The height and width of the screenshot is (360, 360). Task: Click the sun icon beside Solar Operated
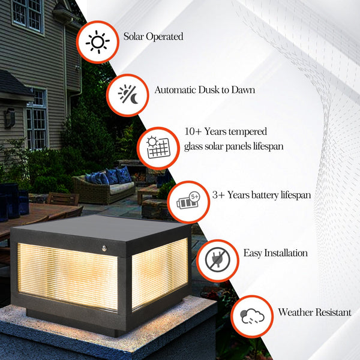tap(96, 42)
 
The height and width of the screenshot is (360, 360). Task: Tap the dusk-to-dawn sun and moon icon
tap(127, 94)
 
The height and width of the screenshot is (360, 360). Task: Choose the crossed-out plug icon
tap(214, 260)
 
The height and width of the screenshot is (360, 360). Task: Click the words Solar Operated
tap(153, 37)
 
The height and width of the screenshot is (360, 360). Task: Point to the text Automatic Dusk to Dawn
tap(205, 90)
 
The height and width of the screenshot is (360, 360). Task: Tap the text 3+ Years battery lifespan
tap(262, 196)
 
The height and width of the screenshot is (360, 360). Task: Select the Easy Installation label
tap(275, 253)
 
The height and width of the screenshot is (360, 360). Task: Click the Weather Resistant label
tap(314, 313)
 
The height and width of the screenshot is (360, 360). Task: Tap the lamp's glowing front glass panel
tap(67, 274)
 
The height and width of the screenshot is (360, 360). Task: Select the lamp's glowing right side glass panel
tap(159, 274)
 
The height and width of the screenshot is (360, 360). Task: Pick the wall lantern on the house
tap(10, 118)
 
